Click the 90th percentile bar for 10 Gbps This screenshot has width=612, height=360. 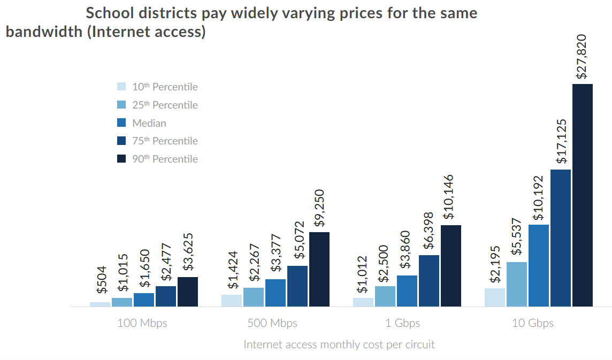pos(583,195)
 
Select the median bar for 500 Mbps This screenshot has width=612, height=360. pos(276,293)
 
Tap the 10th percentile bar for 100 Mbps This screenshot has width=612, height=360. pos(100,304)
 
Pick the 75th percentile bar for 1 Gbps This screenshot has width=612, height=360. pos(429,281)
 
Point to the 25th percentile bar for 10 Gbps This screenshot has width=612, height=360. pos(517,284)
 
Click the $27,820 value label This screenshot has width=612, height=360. pos(582,57)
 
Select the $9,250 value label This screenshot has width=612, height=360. pos(319,210)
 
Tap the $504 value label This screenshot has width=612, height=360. pos(101,280)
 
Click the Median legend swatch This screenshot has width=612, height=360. pos(121,123)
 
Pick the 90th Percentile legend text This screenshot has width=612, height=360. pos(165,159)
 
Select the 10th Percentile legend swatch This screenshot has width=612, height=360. pos(121,87)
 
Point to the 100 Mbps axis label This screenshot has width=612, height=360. pos(142,323)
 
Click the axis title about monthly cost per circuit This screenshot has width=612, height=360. pos(339,344)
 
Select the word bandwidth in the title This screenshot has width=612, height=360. pos(42,32)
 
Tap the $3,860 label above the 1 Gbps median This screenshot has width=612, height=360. pos(406,251)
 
